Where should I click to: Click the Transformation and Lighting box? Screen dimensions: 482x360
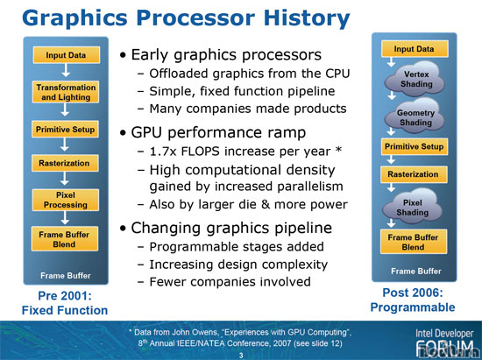click(x=66, y=92)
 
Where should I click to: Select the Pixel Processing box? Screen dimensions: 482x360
click(x=66, y=200)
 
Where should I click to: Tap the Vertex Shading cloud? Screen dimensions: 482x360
click(x=415, y=79)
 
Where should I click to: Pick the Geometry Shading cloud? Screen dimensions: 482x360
click(x=415, y=116)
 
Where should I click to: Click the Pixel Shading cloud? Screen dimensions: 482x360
click(x=413, y=207)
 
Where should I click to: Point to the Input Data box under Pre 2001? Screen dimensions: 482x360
click(x=66, y=55)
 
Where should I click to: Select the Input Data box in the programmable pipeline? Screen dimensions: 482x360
click(x=415, y=49)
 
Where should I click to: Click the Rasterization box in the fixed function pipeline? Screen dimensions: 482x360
click(x=65, y=163)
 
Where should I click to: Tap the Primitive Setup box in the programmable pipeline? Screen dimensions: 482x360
click(x=414, y=146)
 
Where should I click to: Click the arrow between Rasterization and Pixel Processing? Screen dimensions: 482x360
click(x=65, y=179)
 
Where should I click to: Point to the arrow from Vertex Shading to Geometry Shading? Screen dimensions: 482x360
click(x=392, y=95)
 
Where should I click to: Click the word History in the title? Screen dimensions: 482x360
click(x=307, y=18)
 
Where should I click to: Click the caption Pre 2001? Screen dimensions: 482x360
click(x=65, y=295)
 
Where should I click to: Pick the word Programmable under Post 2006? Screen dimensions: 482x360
click(x=413, y=307)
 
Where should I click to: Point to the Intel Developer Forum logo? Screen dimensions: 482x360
click(x=444, y=342)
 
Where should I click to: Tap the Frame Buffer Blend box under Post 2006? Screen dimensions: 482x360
click(x=413, y=242)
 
